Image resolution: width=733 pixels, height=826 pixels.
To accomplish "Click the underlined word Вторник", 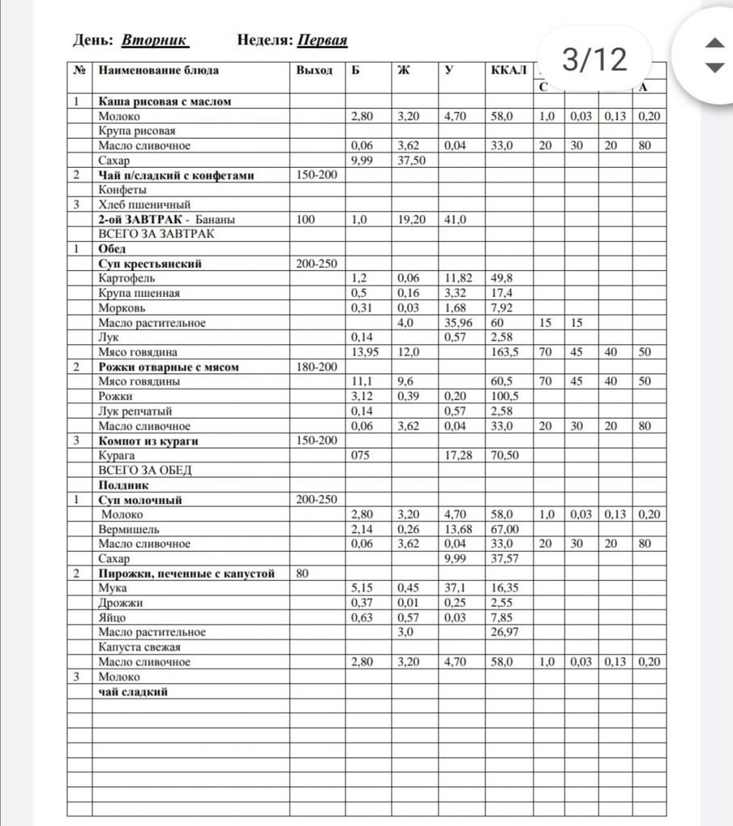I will point(155,40).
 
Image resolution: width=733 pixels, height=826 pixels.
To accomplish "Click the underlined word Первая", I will point(322,40).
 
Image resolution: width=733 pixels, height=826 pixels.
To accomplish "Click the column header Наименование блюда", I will point(158,70).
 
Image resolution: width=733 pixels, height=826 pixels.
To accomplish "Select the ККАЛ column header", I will point(508,70).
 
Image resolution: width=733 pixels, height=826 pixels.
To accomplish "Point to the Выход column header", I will point(314,70).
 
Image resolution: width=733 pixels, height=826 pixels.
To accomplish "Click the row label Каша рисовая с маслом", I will point(165,102).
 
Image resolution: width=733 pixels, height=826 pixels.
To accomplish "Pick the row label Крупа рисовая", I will point(137,131).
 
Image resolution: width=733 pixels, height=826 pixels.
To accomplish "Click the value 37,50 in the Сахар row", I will point(410,160).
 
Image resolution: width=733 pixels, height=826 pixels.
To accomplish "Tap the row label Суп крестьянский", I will point(150,264).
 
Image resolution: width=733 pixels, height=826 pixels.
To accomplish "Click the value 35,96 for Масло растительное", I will point(458,323).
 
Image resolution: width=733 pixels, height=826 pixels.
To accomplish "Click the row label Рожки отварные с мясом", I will point(169,367).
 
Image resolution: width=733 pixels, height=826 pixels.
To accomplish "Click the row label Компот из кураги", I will point(148,440).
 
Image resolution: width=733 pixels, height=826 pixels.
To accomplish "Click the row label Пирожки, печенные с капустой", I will point(187,574).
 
